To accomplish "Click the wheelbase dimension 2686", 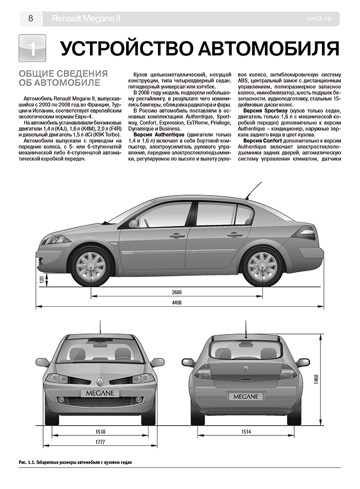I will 177,292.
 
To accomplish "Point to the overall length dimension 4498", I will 177,303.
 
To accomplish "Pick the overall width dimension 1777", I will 100,443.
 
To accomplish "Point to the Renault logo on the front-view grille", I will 99,382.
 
